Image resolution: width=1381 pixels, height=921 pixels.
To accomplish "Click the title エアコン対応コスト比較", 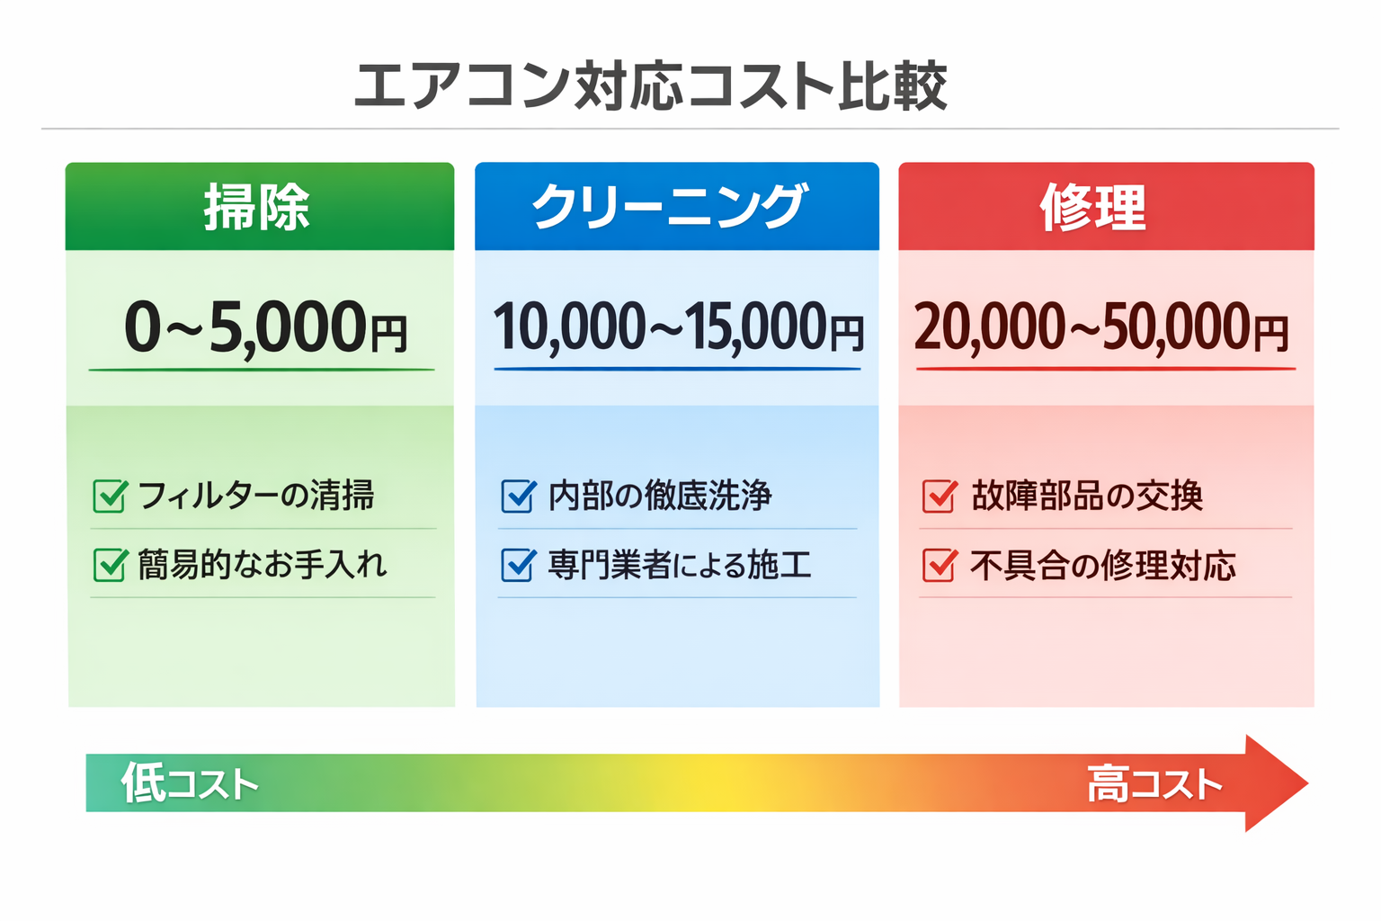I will click(x=650, y=86).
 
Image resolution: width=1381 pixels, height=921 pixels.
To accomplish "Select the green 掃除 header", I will click(x=258, y=207).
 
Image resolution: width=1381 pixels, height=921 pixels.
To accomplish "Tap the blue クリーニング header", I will click(x=671, y=207).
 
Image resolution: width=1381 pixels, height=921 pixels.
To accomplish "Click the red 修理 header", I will click(x=1093, y=207).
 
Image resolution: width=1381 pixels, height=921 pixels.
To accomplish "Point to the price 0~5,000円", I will click(x=265, y=327).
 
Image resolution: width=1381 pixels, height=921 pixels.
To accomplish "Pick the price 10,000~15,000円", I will click(x=678, y=327).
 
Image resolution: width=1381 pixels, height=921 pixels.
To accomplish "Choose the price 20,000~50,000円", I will click(x=1101, y=327).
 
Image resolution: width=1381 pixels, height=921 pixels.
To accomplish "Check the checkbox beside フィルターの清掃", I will click(x=111, y=496).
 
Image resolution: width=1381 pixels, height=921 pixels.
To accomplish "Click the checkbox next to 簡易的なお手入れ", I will click(x=111, y=565).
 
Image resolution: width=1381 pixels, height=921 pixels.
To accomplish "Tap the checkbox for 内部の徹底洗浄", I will click(x=518, y=496).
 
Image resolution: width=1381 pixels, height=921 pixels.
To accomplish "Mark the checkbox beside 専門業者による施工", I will click(x=518, y=565).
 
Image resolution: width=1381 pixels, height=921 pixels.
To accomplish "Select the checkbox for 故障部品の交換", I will click(x=940, y=496).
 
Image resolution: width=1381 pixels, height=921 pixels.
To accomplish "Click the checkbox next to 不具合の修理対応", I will click(x=940, y=566).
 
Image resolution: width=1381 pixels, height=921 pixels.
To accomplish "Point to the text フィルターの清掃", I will click(x=256, y=496).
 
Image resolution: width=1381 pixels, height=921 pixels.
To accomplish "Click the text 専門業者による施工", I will click(x=680, y=565).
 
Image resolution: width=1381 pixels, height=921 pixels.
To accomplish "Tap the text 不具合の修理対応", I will click(x=1103, y=566).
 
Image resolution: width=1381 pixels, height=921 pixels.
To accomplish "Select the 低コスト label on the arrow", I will click(x=190, y=783).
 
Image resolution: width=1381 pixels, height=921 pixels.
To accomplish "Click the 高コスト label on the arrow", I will click(x=1154, y=784).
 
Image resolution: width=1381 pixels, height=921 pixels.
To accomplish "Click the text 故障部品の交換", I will click(x=1087, y=496).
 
